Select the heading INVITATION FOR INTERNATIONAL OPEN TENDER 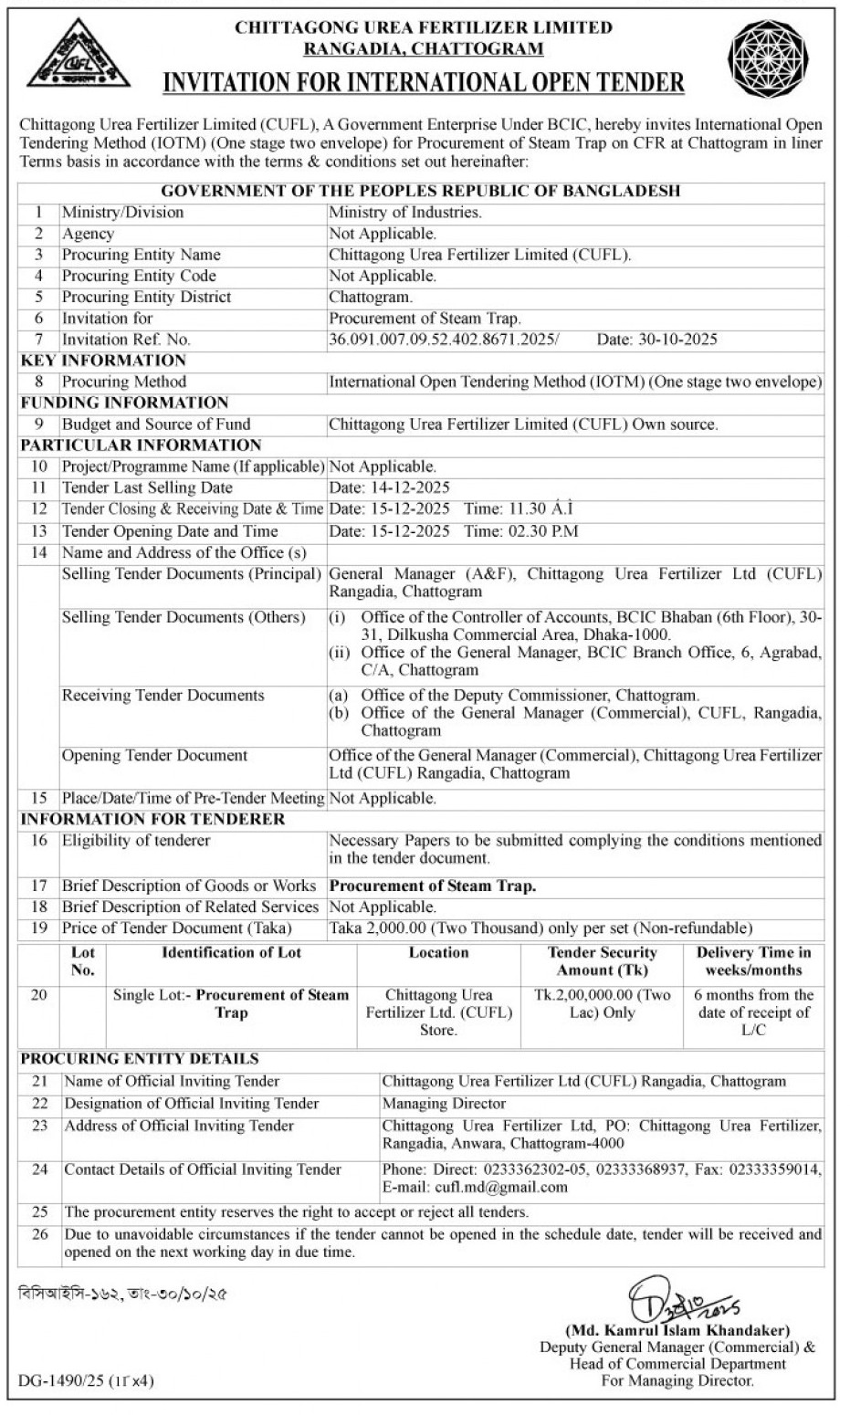pyautogui.click(x=423, y=82)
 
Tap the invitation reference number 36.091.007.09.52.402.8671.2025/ pyautogui.click(x=443, y=340)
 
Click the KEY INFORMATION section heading pyautogui.click(x=103, y=361)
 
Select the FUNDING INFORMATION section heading pyautogui.click(x=124, y=403)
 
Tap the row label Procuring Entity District pyautogui.click(x=146, y=298)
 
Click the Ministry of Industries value pyautogui.click(x=404, y=213)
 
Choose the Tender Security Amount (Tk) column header pyautogui.click(x=602, y=961)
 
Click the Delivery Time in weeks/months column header pyautogui.click(x=753, y=961)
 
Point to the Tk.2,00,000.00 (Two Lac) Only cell pyautogui.click(x=602, y=1004)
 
